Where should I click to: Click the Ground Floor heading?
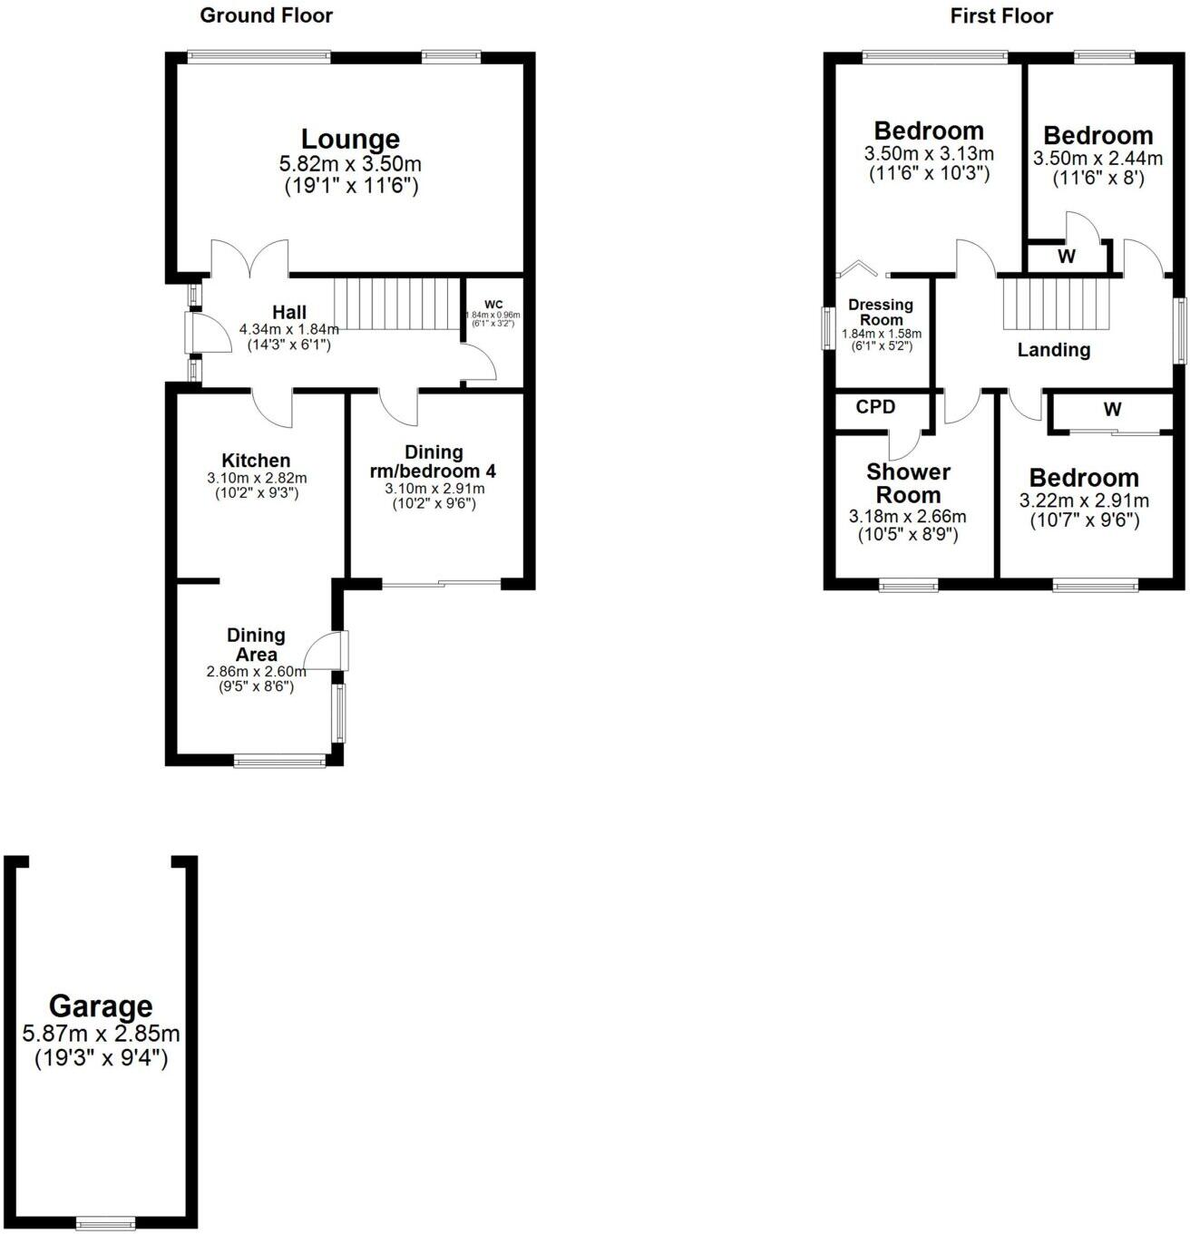point(266,15)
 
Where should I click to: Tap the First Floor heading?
point(1001,15)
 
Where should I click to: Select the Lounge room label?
point(350,140)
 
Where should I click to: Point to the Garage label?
point(101,1006)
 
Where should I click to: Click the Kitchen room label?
point(256,461)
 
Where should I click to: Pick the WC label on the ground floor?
point(493,304)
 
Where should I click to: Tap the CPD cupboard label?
point(875,407)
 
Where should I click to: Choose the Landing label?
point(1053,350)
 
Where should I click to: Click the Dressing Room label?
point(881,312)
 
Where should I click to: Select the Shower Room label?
point(908,483)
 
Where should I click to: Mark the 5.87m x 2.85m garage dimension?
point(101,1034)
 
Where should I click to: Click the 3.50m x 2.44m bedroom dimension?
point(1097,159)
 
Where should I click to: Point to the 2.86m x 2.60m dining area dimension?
point(256,672)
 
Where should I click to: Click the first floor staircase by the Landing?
point(1056,303)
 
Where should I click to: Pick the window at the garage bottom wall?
point(105,1221)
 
